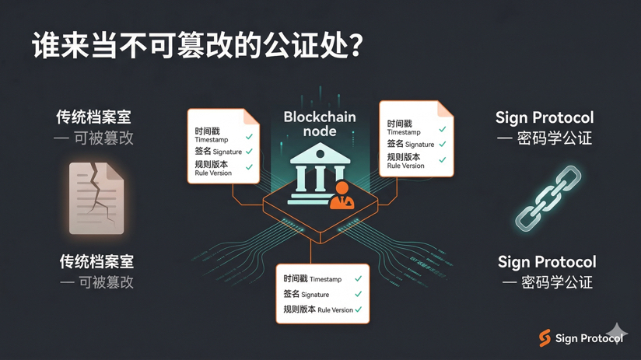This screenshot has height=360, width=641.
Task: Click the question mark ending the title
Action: (x=354, y=45)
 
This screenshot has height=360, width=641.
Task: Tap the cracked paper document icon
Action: (x=96, y=198)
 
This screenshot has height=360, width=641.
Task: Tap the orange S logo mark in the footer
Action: (x=545, y=337)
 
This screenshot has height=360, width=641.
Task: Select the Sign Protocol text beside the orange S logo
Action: (x=589, y=338)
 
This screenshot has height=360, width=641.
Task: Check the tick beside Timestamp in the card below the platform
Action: (x=358, y=278)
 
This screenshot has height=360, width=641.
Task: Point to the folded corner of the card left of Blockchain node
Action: (x=251, y=117)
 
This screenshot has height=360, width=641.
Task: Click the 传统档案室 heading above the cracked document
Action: (x=93, y=117)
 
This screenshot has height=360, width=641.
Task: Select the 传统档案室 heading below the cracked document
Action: (x=96, y=262)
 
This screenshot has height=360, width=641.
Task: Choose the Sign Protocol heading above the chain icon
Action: (x=545, y=117)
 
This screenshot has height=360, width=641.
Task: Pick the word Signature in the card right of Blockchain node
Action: (x=419, y=145)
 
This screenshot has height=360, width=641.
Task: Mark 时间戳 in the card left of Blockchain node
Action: (x=206, y=131)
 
